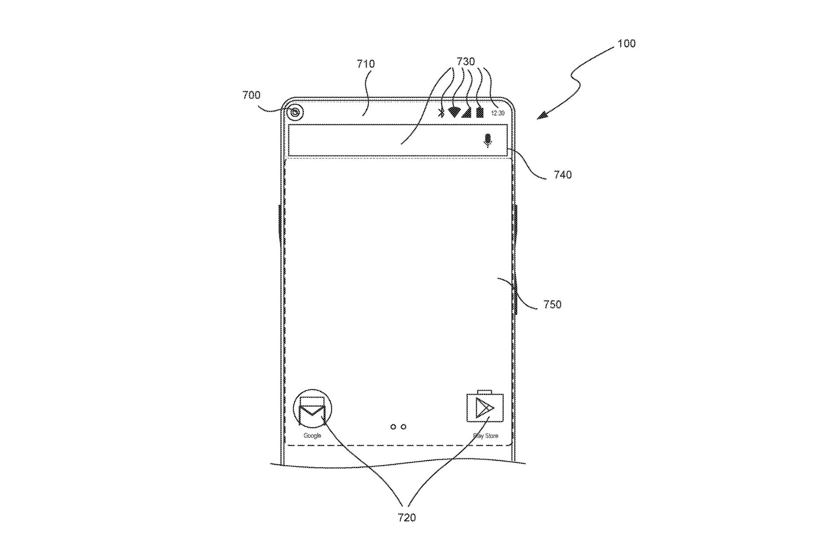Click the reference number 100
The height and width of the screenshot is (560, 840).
click(x=626, y=44)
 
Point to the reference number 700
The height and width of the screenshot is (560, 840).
click(x=251, y=95)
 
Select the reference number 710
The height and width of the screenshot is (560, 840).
click(x=365, y=64)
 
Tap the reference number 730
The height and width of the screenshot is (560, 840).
click(x=465, y=62)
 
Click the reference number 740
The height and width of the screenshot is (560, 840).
click(x=563, y=175)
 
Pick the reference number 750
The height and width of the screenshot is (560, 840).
click(x=552, y=304)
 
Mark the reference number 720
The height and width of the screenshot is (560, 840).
click(x=406, y=518)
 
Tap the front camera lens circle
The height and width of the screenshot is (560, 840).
click(x=296, y=113)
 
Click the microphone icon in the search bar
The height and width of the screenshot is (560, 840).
click(x=487, y=140)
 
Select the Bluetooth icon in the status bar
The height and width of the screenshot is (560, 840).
click(x=441, y=112)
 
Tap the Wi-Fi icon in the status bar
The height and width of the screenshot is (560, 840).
click(x=454, y=112)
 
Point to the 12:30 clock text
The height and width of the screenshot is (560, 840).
click(x=497, y=113)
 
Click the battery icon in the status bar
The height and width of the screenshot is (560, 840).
click(x=480, y=112)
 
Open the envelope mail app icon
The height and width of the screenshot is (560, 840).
click(x=312, y=409)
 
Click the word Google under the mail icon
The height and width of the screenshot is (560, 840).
click(x=312, y=436)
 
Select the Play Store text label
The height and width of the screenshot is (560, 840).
click(x=486, y=436)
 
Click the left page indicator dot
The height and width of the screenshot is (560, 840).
click(x=393, y=427)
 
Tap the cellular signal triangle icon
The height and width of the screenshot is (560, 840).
click(x=467, y=112)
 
